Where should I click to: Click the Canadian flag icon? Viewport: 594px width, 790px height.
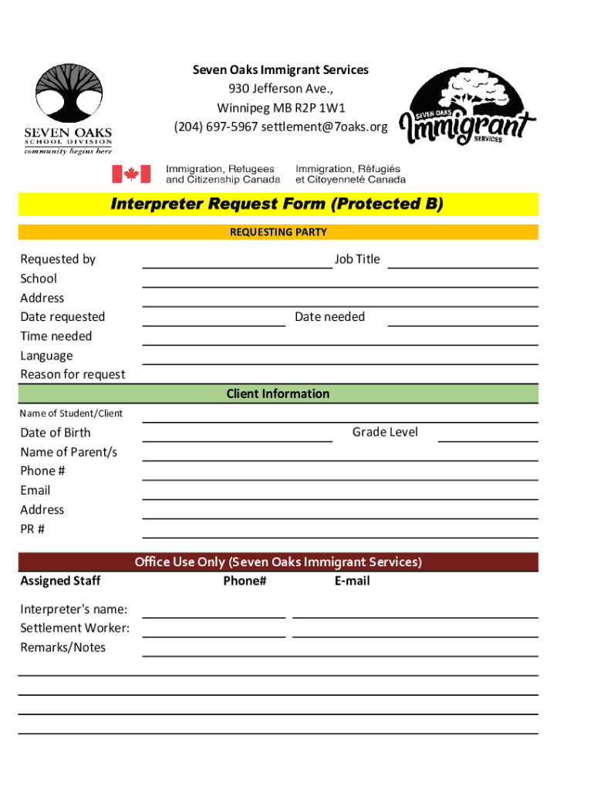click(130, 174)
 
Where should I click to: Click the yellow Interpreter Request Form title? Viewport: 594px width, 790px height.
click(278, 204)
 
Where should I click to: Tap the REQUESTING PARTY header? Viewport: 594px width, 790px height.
click(278, 231)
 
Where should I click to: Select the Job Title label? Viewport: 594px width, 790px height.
click(357, 259)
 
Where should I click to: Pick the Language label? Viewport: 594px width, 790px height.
click(46, 356)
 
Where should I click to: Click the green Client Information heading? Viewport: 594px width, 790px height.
click(278, 393)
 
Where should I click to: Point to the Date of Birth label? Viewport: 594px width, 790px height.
click(56, 433)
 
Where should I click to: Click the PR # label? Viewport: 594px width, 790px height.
click(32, 529)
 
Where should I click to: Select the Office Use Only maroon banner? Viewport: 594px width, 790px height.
click(278, 562)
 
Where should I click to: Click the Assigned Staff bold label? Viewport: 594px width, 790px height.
click(60, 581)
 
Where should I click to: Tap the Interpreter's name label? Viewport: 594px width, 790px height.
click(74, 609)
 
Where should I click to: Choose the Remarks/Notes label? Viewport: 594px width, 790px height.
click(63, 647)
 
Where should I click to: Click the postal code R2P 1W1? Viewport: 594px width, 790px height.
click(319, 107)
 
